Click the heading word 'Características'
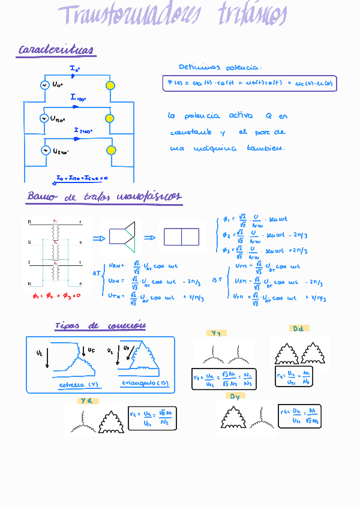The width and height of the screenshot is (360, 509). point(56,50)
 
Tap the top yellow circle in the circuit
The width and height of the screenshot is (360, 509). point(110,85)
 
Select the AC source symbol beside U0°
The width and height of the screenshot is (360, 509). point(44,85)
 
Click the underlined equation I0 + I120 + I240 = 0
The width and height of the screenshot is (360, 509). point(82,178)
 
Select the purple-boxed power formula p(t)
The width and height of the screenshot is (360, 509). point(250,83)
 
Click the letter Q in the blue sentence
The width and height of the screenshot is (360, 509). point(268,115)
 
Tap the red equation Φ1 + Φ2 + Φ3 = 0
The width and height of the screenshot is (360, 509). point(56,295)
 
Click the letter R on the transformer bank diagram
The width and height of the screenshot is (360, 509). point(29,222)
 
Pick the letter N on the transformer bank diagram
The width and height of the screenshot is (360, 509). point(29,283)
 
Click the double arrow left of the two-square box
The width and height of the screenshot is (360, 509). point(149,238)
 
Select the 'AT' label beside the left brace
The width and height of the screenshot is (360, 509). point(96,273)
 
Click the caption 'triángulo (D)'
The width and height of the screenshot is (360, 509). point(138,382)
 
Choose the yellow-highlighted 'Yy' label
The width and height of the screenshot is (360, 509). point(216,333)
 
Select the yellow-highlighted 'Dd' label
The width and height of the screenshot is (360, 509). point(298,328)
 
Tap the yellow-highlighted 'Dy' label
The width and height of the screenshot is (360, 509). point(235,396)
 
